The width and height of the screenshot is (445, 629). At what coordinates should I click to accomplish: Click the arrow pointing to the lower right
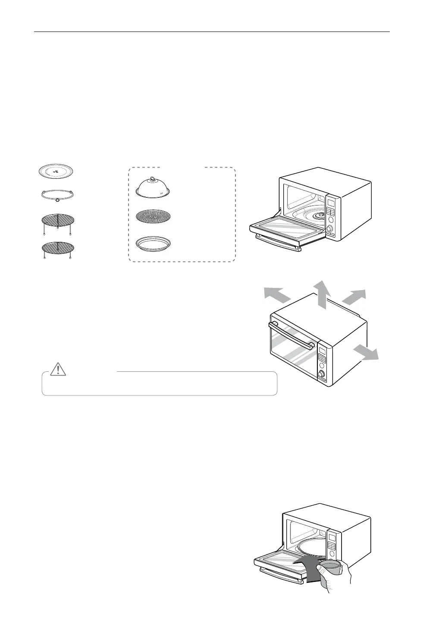[x=366, y=353]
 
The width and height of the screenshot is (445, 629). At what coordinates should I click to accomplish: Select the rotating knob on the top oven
[x=330, y=228]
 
